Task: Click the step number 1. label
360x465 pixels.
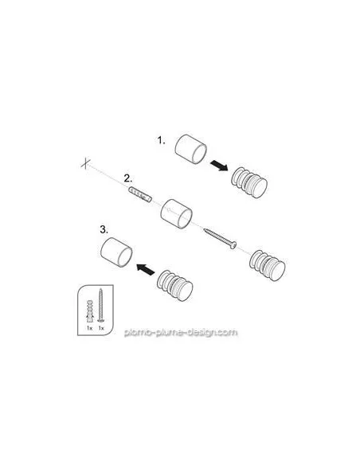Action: click(161, 140)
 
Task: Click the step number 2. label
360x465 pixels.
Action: click(128, 178)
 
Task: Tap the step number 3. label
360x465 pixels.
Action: click(104, 229)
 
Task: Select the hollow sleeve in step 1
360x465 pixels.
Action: click(190, 149)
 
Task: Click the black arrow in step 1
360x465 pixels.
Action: click(219, 165)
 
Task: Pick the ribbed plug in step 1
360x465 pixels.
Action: click(249, 182)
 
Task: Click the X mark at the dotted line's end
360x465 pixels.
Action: click(85, 163)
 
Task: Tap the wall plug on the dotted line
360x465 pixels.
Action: click(140, 194)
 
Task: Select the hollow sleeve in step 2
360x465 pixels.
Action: click(177, 214)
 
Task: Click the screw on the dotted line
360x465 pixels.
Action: click(220, 238)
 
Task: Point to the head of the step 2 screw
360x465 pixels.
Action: click(233, 245)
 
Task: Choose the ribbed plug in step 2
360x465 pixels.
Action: click(267, 266)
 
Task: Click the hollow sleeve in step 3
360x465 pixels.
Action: click(116, 252)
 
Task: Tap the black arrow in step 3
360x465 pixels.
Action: click(146, 269)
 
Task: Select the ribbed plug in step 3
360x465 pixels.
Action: click(174, 285)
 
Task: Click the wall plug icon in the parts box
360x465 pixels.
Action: click(89, 311)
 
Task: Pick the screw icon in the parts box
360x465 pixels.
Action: click(100, 305)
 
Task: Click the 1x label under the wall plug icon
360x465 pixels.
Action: click(89, 328)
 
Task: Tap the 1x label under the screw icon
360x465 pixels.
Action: click(101, 328)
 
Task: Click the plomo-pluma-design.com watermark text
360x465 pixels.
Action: click(181, 332)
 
